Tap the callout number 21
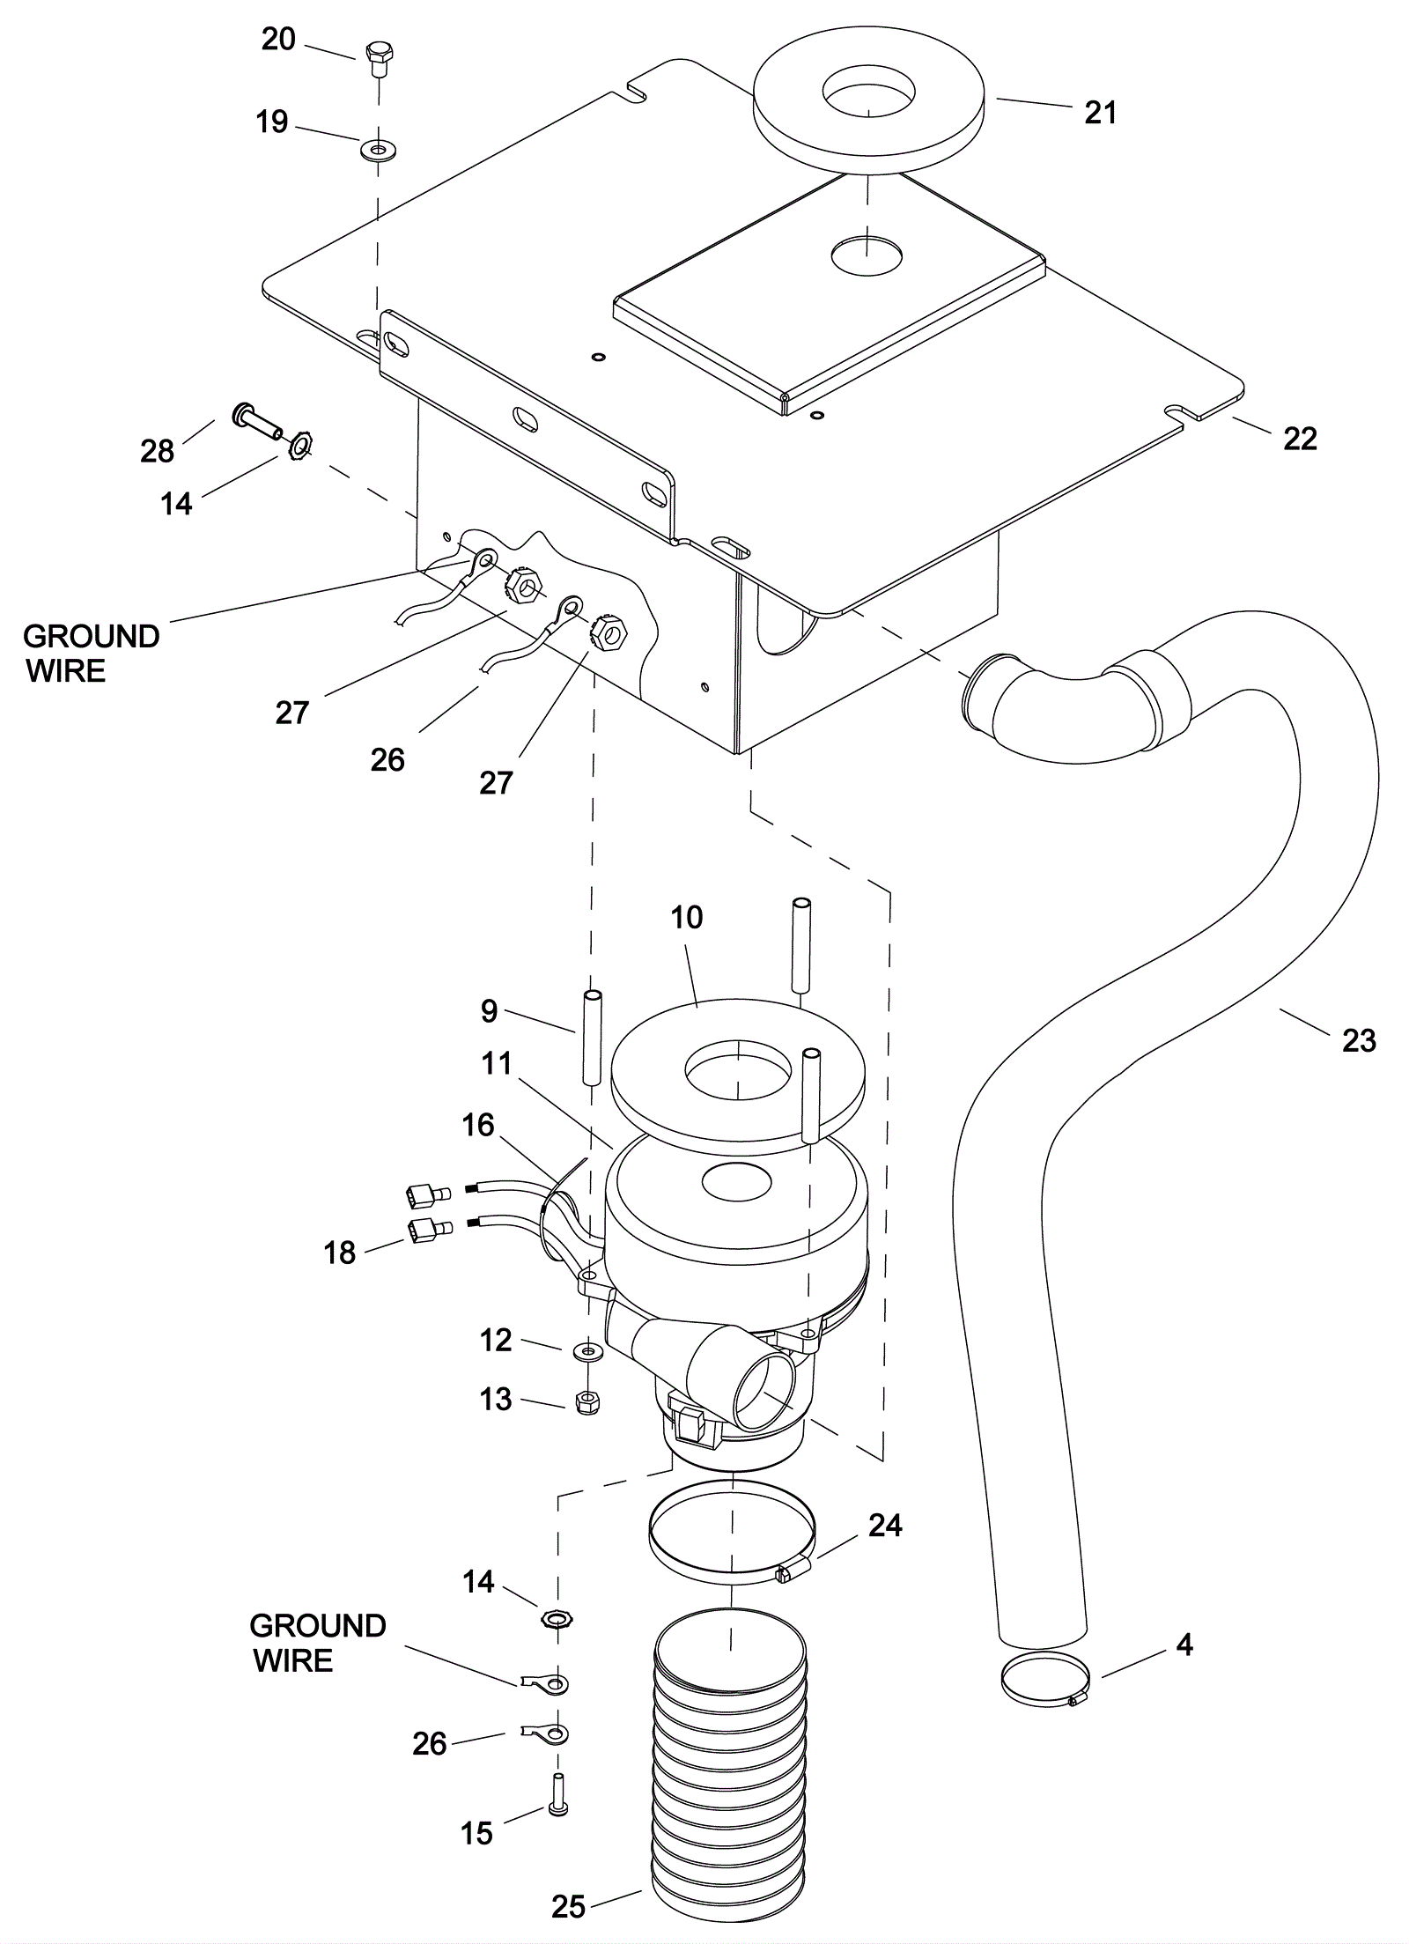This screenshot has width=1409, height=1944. click(x=1100, y=113)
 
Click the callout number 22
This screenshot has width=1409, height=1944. click(x=1299, y=439)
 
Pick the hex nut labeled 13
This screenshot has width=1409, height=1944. click(x=587, y=1402)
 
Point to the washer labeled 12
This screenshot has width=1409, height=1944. click(x=588, y=1350)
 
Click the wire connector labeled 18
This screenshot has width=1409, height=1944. click(x=429, y=1230)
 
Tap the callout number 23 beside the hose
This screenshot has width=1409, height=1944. click(x=1359, y=1040)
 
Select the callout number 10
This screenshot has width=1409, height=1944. click(x=686, y=917)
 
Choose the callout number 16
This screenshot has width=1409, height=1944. click(x=478, y=1125)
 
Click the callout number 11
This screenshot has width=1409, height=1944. click(x=497, y=1063)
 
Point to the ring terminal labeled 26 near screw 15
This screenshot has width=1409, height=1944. click(x=545, y=1733)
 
